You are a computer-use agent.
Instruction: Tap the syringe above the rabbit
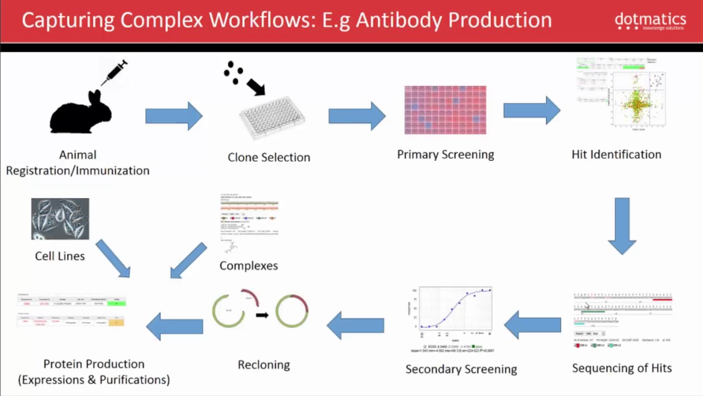click(114, 73)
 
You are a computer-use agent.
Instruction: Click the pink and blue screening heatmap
click(445, 110)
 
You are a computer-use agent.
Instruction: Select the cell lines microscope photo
click(60, 219)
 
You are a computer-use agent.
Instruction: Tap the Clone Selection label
click(269, 157)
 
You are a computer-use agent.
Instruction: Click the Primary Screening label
click(445, 155)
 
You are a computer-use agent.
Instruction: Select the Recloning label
click(264, 365)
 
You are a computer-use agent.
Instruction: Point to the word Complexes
click(248, 266)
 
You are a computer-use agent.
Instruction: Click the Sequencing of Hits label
click(622, 368)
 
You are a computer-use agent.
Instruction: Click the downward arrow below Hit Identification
click(622, 226)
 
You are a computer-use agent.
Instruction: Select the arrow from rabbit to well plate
click(174, 116)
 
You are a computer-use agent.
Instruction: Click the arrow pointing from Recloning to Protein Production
click(174, 326)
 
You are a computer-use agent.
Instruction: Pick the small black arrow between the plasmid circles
click(262, 315)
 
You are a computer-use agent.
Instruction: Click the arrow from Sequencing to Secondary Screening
click(532, 324)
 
